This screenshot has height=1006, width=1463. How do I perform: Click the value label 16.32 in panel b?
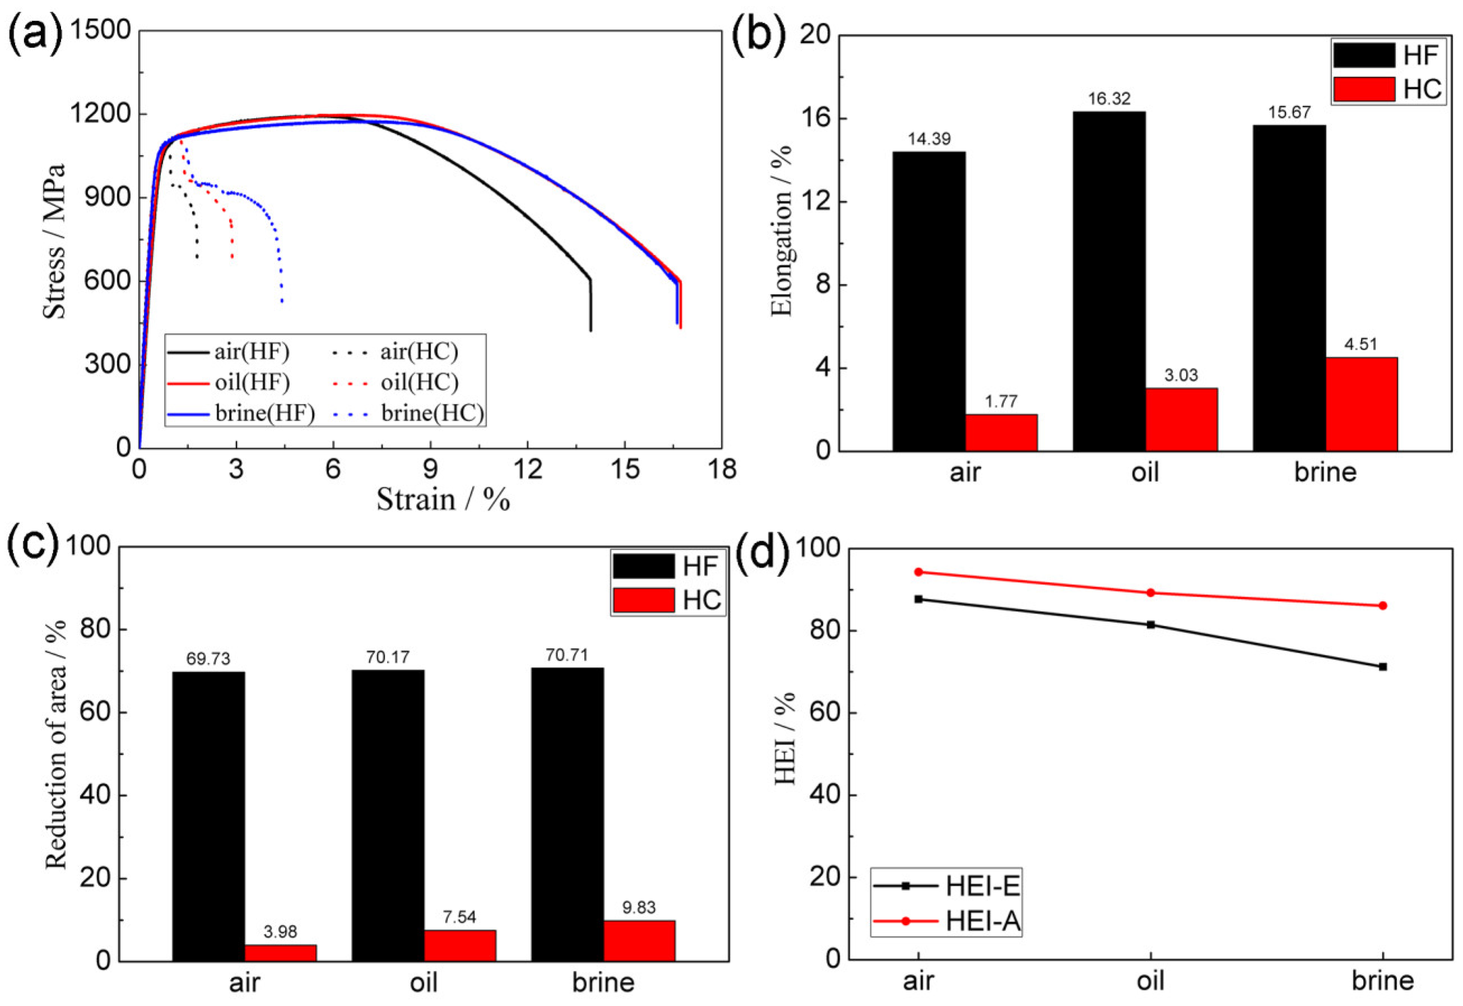point(1109,99)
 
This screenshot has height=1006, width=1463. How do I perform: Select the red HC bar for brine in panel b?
point(1361,404)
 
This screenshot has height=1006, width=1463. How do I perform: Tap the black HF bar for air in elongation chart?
point(929,301)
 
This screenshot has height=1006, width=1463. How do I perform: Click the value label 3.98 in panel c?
point(280,931)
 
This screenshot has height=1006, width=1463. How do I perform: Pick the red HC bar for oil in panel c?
point(459,945)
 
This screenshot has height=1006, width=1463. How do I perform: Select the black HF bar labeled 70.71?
point(567,814)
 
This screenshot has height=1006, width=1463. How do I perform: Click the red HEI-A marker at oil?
point(1150,593)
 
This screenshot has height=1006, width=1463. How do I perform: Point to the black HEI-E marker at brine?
point(1383,666)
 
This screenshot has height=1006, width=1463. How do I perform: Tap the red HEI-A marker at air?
point(919,572)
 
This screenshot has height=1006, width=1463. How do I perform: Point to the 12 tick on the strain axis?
point(527,469)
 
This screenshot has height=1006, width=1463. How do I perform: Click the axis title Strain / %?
point(443,499)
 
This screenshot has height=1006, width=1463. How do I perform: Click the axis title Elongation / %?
point(781,231)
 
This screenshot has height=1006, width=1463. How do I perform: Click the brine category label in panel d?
point(1383,981)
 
